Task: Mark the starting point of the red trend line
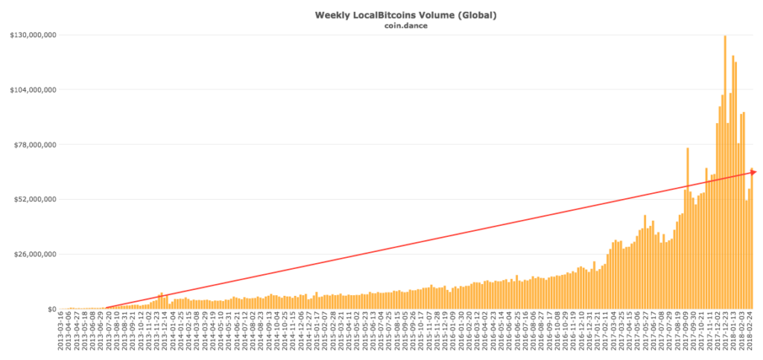click(x=107, y=308)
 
